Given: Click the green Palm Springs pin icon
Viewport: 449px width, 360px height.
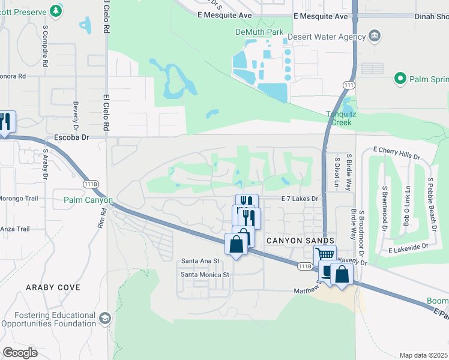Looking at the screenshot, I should (x=400, y=79).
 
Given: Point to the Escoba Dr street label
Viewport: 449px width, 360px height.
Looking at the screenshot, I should (x=71, y=137).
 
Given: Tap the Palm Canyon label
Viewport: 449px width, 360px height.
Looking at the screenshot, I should (x=88, y=200).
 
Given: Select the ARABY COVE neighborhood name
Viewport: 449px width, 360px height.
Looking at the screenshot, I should (x=53, y=287).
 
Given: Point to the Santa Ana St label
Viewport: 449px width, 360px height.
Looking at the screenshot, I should (x=201, y=262).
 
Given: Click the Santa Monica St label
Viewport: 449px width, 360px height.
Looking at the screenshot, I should (x=205, y=275).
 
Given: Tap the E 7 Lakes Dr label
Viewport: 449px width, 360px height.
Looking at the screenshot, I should (x=298, y=198).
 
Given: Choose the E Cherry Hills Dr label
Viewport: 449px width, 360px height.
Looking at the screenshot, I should (x=396, y=152).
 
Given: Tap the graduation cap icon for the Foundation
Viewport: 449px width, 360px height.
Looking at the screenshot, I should (x=105, y=318).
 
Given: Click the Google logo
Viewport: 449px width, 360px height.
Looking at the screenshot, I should (x=20, y=352).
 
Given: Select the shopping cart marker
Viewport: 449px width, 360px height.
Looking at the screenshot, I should (x=325, y=255).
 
